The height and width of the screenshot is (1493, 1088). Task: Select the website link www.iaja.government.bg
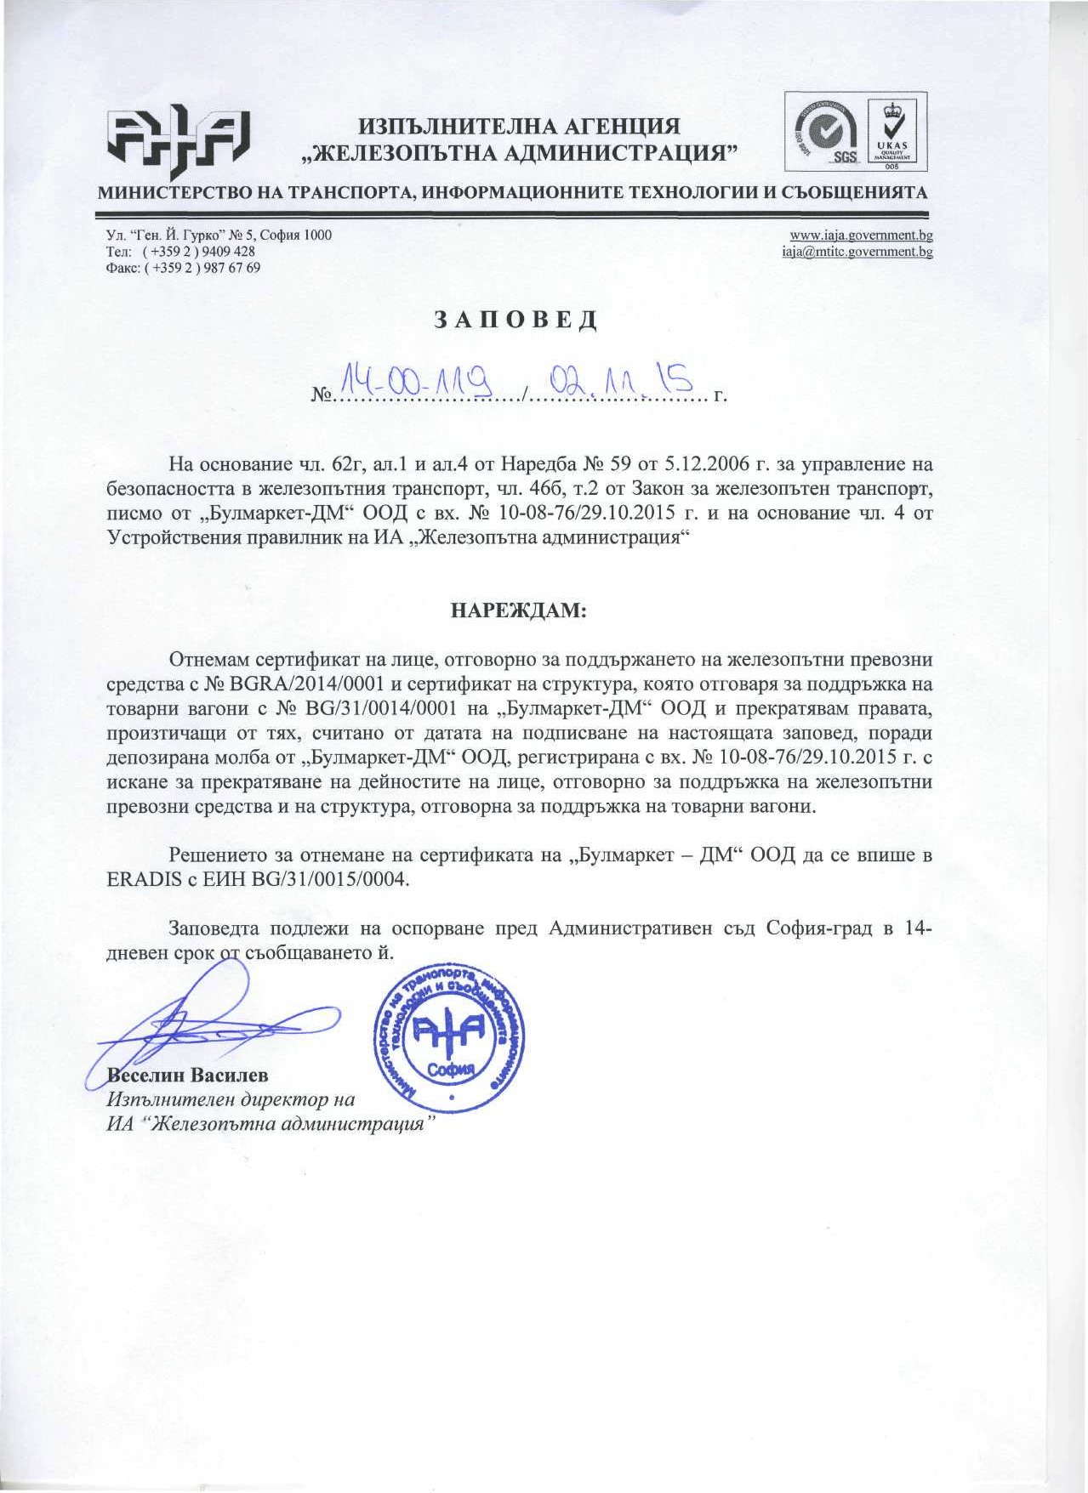pyautogui.click(x=861, y=236)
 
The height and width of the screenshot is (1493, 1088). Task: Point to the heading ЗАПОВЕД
pyautogui.click(x=516, y=320)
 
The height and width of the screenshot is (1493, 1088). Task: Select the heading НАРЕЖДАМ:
pyautogui.click(x=517, y=610)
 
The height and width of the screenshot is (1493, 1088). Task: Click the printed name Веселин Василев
pyautogui.click(x=187, y=1075)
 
